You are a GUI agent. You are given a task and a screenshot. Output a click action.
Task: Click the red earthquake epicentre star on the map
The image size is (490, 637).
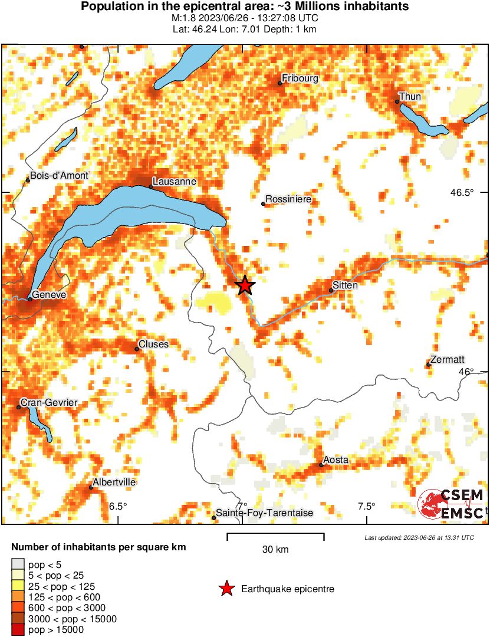[245, 286]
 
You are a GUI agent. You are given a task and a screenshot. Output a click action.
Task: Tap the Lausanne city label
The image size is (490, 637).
[174, 181]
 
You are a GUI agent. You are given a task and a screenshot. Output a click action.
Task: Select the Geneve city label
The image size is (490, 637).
[50, 294]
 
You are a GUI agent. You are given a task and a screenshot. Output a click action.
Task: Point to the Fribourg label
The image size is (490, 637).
[300, 78]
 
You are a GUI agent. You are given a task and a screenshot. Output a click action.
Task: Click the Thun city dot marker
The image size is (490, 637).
[397, 101]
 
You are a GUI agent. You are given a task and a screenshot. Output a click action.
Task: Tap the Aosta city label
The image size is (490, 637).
[336, 460]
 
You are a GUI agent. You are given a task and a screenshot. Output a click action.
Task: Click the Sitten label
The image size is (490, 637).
[345, 285]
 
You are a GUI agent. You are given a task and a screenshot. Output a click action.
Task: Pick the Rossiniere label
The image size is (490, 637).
[288, 200]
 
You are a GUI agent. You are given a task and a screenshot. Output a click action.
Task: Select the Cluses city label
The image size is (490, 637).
[153, 344]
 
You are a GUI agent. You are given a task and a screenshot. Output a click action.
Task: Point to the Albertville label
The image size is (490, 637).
[116, 482]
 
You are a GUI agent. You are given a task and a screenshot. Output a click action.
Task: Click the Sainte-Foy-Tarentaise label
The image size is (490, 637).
[264, 513]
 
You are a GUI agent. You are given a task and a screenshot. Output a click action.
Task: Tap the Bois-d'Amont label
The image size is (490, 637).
[60, 175]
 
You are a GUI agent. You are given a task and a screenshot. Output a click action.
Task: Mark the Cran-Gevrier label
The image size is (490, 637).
[49, 403]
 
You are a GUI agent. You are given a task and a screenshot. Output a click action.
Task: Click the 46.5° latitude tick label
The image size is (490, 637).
[462, 192]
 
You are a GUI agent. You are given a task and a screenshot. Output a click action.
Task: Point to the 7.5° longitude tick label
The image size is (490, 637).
[367, 506]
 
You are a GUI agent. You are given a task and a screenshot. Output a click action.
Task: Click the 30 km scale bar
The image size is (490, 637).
[275, 537]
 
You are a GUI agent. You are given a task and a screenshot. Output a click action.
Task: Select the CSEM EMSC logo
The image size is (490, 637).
[451, 504]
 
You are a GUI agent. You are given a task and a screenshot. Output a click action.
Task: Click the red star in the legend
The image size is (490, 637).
[226, 589]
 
